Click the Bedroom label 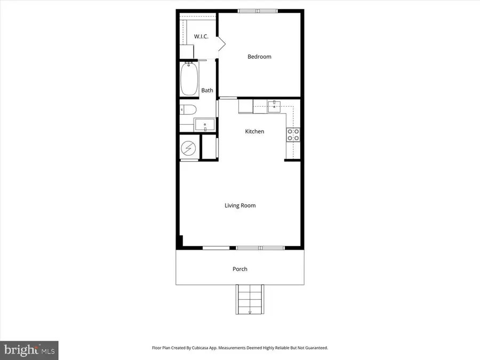(x=259, y=57)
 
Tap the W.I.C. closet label (x=201, y=37)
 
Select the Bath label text (x=207, y=90)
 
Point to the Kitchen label (x=254, y=131)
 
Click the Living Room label (x=240, y=205)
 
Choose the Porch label (x=240, y=269)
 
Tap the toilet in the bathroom (x=188, y=110)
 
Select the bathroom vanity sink (x=204, y=125)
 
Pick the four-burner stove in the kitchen (x=293, y=135)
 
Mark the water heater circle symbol (x=189, y=147)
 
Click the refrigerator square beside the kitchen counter (x=245, y=106)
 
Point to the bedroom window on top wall (x=258, y=11)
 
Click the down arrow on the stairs (x=250, y=311)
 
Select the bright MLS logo (x=29, y=350)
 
